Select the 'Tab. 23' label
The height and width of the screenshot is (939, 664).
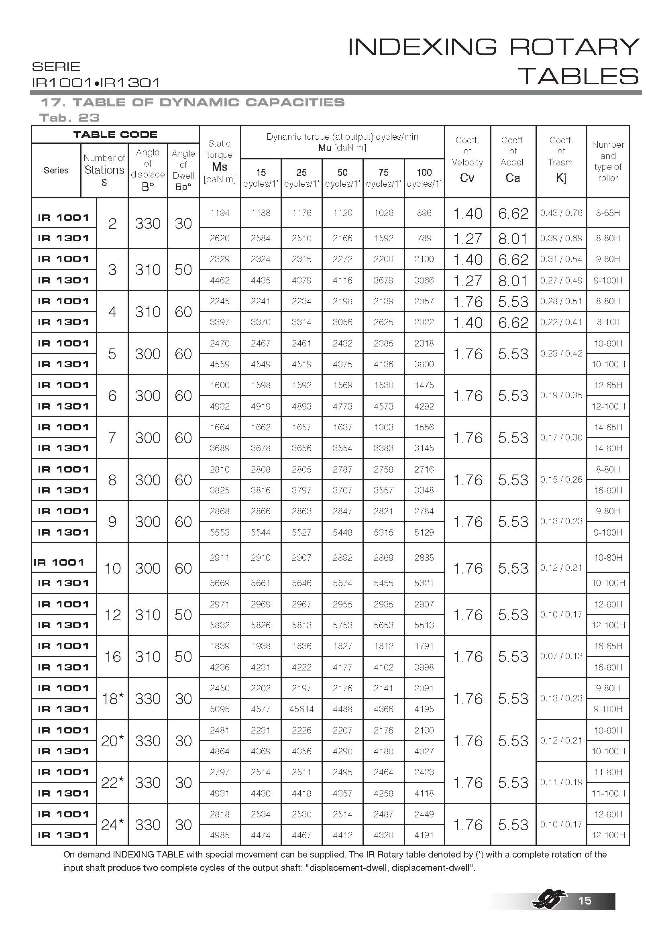(69, 118)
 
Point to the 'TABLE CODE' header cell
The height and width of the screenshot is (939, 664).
(115, 134)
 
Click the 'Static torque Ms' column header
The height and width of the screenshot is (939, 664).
(220, 161)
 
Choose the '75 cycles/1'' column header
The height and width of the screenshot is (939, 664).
(383, 178)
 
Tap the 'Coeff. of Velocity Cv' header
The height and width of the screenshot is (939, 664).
(467, 161)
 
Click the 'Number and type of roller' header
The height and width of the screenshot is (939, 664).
(607, 161)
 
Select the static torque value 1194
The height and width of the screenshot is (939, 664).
(220, 213)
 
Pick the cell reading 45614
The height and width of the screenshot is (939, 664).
(301, 709)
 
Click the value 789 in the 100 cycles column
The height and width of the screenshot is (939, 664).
(424, 238)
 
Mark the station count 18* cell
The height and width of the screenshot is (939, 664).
(112, 699)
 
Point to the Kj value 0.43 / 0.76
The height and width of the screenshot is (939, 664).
(561, 213)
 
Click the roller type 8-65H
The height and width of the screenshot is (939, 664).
(607, 213)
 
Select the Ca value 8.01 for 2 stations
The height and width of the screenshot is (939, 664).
(513, 238)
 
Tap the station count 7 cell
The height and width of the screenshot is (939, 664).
(112, 438)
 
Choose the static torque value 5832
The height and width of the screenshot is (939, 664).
(220, 625)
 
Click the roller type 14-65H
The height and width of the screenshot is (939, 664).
(607, 427)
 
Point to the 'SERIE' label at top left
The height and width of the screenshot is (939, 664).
(56, 67)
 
